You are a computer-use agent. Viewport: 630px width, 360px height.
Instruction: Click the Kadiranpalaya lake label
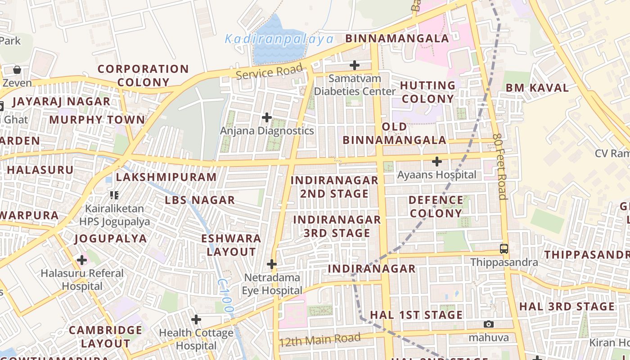tap(279, 39)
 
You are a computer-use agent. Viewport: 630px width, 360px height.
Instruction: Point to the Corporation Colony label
tap(143, 76)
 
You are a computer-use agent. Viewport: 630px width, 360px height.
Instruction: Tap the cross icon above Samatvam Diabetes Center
tap(355, 65)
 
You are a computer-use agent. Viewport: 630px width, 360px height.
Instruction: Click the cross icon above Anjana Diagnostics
tap(267, 117)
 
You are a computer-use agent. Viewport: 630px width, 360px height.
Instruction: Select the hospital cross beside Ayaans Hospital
tap(436, 161)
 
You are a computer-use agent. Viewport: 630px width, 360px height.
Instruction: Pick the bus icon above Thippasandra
tap(504, 248)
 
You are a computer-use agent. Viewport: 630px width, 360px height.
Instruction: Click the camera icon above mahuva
tap(489, 324)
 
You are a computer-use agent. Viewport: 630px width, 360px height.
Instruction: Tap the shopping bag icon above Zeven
tap(17, 70)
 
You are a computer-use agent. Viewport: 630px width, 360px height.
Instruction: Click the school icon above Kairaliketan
tap(114, 195)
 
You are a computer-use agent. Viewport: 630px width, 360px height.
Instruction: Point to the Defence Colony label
tap(436, 207)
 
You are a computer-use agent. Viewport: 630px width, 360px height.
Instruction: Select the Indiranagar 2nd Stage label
tap(334, 187)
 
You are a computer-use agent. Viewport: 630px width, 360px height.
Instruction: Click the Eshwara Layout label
tap(231, 245)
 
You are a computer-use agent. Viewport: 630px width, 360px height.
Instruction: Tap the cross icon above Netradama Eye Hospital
tap(272, 264)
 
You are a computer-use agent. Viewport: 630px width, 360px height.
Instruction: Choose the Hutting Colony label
tap(427, 92)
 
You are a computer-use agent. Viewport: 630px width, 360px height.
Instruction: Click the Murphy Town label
tap(97, 120)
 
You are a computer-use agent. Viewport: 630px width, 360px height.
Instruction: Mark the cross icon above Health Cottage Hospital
tap(196, 319)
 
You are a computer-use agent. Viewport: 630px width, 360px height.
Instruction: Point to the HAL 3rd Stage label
tap(567, 306)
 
